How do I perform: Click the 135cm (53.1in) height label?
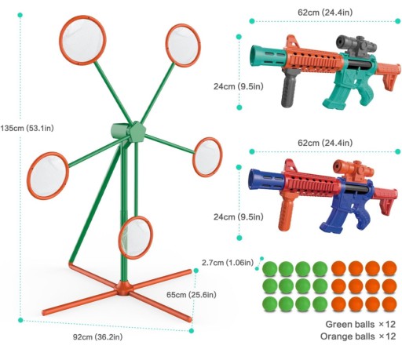tap(27, 128)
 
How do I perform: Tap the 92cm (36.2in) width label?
tap(97, 336)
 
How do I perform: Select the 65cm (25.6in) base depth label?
tap(192, 295)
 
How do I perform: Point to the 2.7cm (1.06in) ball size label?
tap(228, 262)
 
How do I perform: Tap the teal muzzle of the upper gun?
tap(268, 56)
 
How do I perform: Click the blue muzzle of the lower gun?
tap(265, 180)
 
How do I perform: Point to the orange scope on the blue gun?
tap(353, 169)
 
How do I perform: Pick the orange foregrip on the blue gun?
tap(285, 213)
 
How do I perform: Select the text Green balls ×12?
tap(360, 324)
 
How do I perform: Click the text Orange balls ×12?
tap(358, 336)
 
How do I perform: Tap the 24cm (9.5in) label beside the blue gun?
tap(239, 216)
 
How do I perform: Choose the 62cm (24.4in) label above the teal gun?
tap(325, 13)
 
